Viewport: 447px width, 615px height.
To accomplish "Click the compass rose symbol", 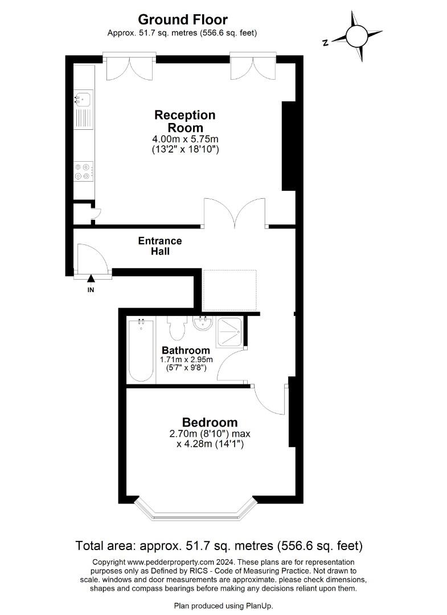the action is (x=357, y=36).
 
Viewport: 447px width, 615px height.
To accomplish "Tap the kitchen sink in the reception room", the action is (x=84, y=109).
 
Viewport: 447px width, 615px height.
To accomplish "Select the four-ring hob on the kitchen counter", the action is (x=84, y=171).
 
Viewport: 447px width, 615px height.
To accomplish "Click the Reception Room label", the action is (x=184, y=121).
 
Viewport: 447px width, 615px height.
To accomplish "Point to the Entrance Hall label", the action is (x=160, y=246).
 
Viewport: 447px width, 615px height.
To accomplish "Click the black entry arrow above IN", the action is (x=91, y=278).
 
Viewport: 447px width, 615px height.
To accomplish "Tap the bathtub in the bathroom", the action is (x=141, y=350).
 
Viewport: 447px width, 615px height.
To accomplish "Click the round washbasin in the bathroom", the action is (x=203, y=323).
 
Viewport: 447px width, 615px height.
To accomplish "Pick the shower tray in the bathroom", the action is (x=230, y=332).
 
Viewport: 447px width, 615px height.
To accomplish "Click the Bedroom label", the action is (x=210, y=423).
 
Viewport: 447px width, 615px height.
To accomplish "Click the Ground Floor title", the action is (x=183, y=19).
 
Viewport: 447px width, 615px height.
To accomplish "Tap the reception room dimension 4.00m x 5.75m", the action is (x=185, y=139).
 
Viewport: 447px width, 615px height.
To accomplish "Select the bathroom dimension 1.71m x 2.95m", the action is (x=186, y=359).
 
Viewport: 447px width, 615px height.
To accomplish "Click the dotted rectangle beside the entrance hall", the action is (x=230, y=290).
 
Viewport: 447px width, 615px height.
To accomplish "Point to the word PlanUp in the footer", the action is (x=259, y=606).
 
